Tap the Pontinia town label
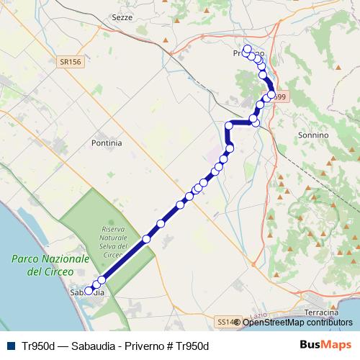107,143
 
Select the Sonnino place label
312,135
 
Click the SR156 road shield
70,63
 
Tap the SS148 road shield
225,321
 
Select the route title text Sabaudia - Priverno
115,346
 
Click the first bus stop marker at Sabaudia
89,292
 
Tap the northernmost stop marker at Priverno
247,49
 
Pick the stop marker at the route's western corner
230,125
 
